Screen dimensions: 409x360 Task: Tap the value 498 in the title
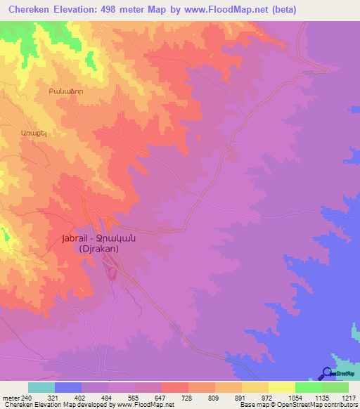click(120, 10)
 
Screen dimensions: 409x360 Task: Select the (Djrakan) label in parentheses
click(98, 249)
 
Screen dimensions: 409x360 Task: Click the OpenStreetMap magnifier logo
click(327, 374)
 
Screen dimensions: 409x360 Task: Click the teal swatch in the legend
click(41, 387)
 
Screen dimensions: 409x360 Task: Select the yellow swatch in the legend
click(282, 387)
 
